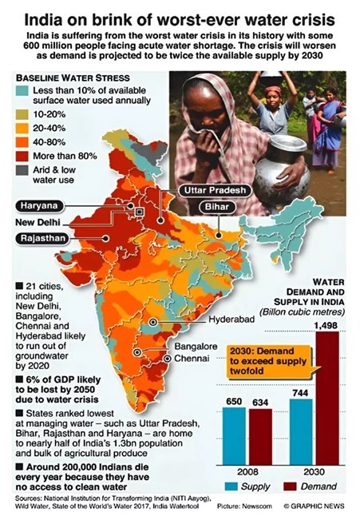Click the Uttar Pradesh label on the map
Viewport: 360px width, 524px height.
215,190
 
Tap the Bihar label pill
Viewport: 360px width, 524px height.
217,207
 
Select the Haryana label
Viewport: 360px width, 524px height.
39,205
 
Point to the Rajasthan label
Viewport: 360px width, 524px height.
42,238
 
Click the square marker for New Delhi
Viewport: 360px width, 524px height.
139,212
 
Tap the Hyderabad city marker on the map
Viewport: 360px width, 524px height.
153,322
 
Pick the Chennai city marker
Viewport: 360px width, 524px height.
168,359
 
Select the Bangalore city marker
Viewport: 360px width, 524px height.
137,352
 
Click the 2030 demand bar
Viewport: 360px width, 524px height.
327,398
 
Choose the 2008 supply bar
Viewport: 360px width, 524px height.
234,436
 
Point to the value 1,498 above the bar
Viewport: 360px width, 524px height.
326,325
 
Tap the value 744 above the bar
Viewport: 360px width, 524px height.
300,393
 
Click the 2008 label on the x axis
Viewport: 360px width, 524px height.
247,471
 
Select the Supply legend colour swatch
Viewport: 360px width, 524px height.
231,486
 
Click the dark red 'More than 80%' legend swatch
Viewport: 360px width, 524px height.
22,157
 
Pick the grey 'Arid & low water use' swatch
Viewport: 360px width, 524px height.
22,170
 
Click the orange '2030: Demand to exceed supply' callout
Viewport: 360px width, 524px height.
270,362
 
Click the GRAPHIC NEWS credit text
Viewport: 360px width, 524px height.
314,506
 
